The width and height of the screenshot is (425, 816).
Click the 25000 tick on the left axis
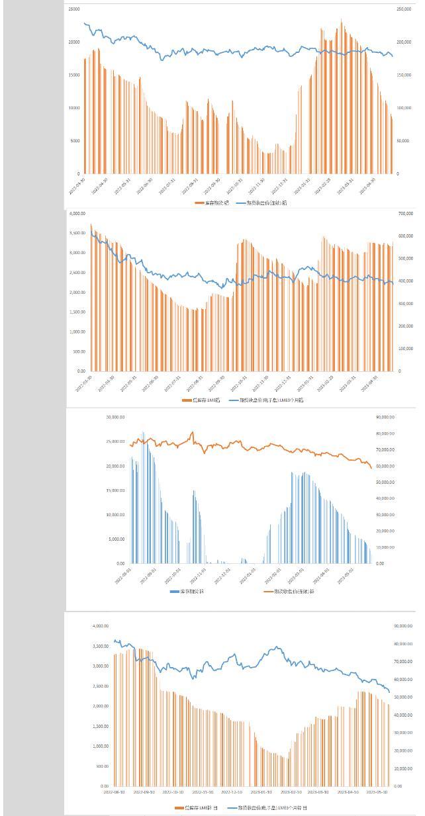73,9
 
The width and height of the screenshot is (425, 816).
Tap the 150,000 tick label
403,75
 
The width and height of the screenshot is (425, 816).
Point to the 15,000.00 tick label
115,490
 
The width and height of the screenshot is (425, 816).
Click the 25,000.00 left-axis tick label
115,441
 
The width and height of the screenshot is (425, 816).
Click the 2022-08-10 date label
114,791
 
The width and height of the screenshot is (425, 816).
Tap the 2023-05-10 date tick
379,791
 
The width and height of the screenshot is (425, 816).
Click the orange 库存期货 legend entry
212,203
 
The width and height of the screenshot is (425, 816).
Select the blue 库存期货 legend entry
187,591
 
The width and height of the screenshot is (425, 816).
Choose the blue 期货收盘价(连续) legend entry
261,203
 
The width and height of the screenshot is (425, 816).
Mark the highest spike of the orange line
193,432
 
